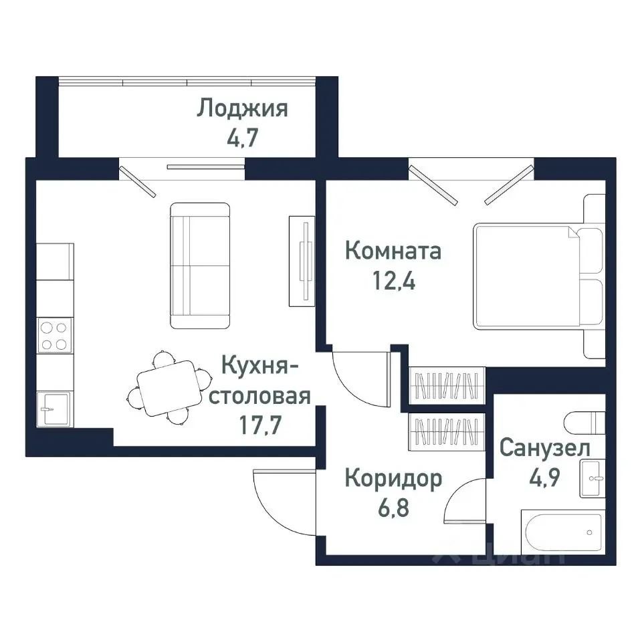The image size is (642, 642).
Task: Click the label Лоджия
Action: coord(242,108)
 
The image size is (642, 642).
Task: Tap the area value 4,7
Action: coord(242,138)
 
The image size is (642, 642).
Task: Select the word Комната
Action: coord(393,251)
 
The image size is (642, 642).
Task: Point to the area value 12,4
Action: coord(393,282)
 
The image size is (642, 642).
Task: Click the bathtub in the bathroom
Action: coord(563,534)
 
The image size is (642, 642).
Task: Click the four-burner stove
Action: coord(54,336)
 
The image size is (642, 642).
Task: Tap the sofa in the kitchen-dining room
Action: coord(200,265)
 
